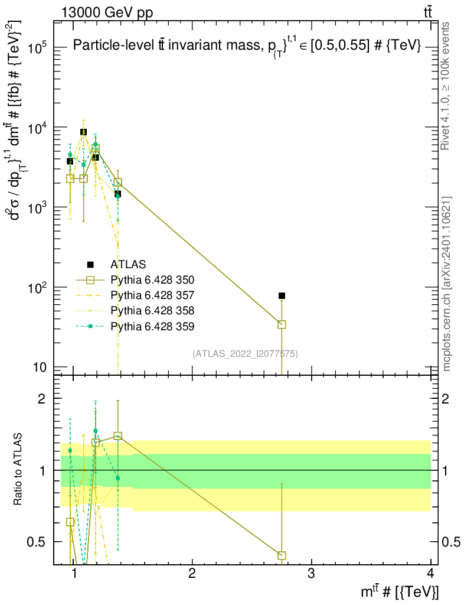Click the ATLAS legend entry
click(128, 264)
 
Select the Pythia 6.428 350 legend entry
click(152, 279)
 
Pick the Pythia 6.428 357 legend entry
click(152, 295)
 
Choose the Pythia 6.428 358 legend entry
click(152, 310)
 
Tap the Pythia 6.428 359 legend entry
click(152, 326)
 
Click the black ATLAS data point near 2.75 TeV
click(282, 295)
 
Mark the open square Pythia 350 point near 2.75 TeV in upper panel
click(282, 324)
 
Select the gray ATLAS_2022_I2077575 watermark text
click(245, 354)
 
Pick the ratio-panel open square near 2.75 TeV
click(282, 555)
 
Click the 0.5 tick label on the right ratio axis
click(450, 542)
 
